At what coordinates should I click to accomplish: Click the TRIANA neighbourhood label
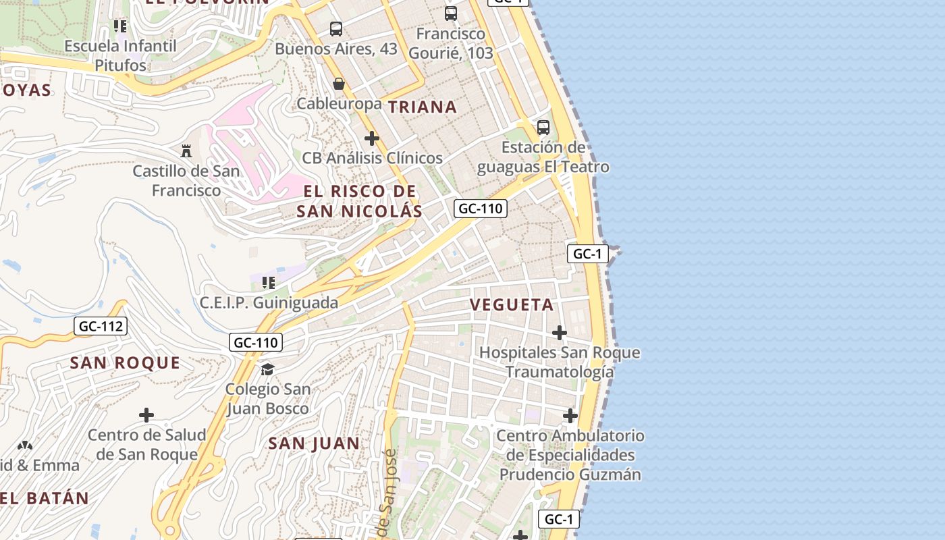(423, 107)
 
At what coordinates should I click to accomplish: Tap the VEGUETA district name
(512, 304)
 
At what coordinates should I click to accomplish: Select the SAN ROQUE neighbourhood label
(126, 363)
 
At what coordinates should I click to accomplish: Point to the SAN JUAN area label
(314, 443)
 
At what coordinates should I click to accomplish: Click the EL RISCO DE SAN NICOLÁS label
(360, 201)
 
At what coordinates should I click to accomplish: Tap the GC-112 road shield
(101, 327)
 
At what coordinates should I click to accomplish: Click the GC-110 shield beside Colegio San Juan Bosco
(255, 342)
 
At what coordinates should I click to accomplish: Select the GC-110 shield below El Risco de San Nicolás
(480, 209)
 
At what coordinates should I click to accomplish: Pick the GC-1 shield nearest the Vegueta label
(588, 254)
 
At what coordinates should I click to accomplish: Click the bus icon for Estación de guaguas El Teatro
(543, 127)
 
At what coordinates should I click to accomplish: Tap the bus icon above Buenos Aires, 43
(336, 29)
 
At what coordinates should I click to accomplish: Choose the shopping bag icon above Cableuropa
(339, 84)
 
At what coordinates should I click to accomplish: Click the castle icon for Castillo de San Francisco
(186, 151)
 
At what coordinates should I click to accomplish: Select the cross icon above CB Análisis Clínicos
(372, 138)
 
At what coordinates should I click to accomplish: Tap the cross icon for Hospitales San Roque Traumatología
(560, 333)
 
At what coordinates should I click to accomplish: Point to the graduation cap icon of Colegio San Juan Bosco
(268, 369)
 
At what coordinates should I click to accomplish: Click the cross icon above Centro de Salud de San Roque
(146, 414)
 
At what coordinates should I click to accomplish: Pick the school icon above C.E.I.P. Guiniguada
(269, 283)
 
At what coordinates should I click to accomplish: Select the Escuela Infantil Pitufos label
(121, 55)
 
